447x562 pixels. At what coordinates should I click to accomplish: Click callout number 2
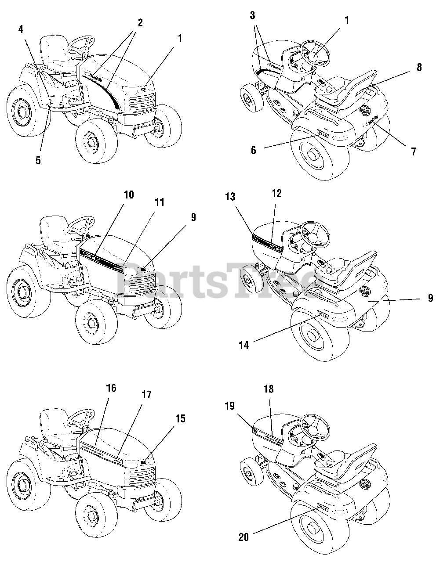click(x=140, y=23)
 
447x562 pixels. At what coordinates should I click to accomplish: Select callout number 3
click(x=252, y=16)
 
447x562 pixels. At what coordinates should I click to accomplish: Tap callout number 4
click(x=21, y=29)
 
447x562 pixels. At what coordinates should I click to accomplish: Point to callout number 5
click(x=38, y=160)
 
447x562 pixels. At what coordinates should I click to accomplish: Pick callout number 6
click(x=254, y=150)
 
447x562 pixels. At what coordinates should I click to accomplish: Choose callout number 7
click(x=413, y=151)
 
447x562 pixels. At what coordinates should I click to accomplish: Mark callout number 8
click(x=419, y=68)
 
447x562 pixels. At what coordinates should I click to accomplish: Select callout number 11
click(x=159, y=202)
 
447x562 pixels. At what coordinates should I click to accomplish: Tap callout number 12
click(x=276, y=193)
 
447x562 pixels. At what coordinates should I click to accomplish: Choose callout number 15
click(x=180, y=418)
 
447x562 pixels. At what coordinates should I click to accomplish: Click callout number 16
click(x=111, y=388)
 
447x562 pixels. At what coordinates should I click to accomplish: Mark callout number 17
click(x=146, y=395)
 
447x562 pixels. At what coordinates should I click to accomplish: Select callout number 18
click(x=268, y=389)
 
